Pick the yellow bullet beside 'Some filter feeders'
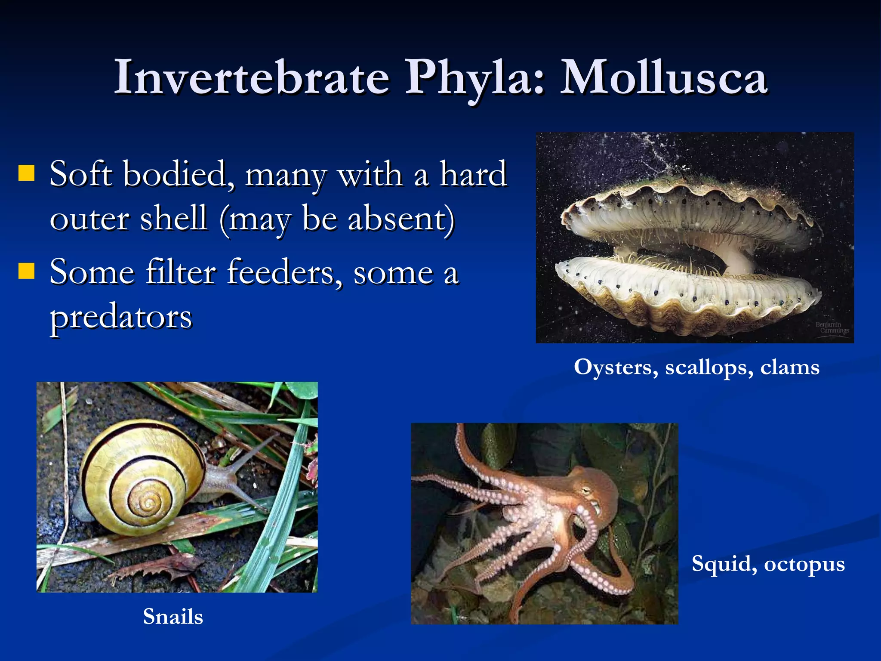pos(27,271)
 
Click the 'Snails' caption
pos(173,616)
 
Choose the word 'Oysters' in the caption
pos(616,368)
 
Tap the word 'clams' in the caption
pos(789,368)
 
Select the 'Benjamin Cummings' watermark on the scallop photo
pos(832,327)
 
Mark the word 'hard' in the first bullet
pos(473,174)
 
